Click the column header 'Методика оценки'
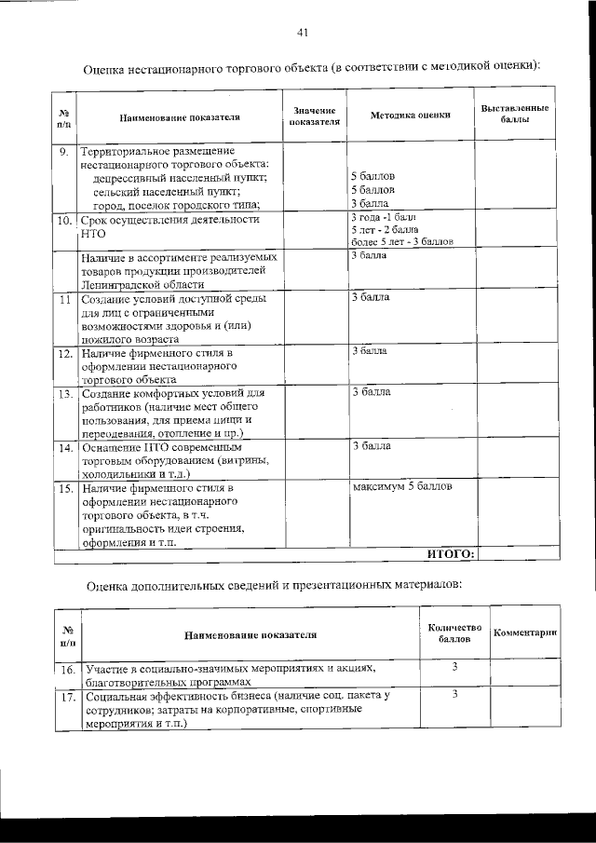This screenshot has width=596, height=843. point(410,116)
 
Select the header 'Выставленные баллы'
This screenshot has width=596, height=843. point(514,115)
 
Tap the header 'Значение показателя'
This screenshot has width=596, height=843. point(315,116)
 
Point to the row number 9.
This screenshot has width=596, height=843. point(63,150)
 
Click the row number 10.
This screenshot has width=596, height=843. point(64,222)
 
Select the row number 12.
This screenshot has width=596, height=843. point(64,354)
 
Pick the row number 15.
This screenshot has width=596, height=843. point(64,487)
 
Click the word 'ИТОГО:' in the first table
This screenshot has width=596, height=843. point(452,554)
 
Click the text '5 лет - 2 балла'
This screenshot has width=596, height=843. point(385,229)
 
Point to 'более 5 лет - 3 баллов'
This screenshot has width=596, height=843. point(401,241)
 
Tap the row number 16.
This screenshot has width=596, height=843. point(67,670)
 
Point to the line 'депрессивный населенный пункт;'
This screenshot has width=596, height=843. point(182,177)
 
